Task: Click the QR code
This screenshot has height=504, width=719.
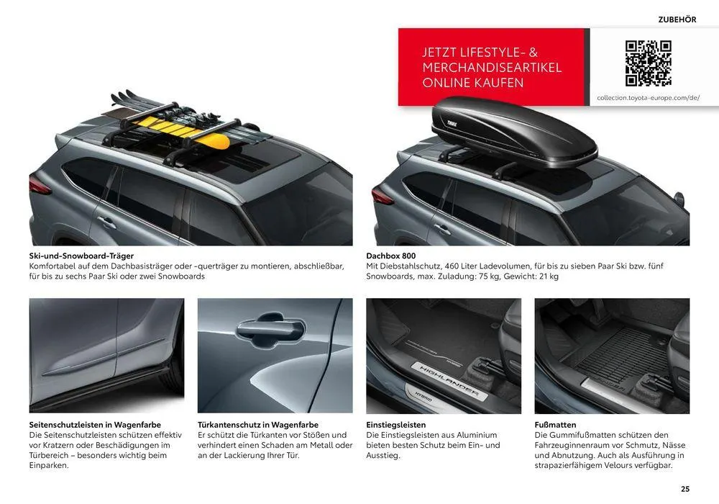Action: tap(648, 63)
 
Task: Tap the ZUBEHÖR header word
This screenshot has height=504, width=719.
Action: tap(677, 19)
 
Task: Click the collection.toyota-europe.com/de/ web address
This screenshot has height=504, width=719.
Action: tap(648, 98)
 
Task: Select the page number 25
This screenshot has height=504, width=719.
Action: tap(685, 489)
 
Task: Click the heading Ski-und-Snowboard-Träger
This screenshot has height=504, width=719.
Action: tap(81, 256)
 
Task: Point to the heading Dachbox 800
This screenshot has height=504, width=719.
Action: tap(390, 256)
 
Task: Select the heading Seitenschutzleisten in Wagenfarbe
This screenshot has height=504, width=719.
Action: tap(95, 425)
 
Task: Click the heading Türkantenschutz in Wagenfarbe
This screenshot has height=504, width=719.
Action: tap(257, 425)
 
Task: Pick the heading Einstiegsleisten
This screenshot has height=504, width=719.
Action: tap(395, 425)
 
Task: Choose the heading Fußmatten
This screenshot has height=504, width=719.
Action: tap(555, 425)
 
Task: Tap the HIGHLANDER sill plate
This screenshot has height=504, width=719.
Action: tap(449, 379)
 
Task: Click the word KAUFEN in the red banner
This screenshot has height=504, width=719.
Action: tap(502, 83)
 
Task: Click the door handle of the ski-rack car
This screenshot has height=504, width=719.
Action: tap(106, 222)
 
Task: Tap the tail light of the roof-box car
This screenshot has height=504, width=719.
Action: tap(383, 197)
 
